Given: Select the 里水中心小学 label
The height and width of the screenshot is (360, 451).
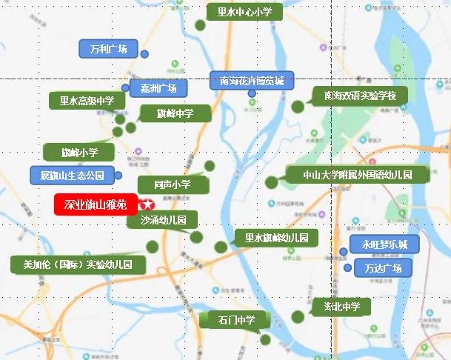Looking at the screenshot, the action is (239, 12).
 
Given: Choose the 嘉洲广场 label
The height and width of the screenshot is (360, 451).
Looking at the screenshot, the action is (158, 88).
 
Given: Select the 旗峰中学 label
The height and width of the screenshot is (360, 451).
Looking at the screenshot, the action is (175, 113).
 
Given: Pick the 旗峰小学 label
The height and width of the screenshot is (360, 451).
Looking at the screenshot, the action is (79, 153).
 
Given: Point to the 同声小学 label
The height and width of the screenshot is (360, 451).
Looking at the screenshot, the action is (173, 184).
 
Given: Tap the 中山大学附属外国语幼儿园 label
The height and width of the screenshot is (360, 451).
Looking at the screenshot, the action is (357, 176).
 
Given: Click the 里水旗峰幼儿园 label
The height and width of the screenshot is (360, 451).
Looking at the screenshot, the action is (276, 238).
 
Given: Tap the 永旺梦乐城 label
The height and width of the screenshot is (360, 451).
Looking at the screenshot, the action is (379, 244).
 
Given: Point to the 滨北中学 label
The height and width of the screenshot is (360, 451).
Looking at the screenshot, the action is (341, 306).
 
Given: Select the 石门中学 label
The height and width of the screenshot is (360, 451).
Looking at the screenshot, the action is (236, 320).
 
